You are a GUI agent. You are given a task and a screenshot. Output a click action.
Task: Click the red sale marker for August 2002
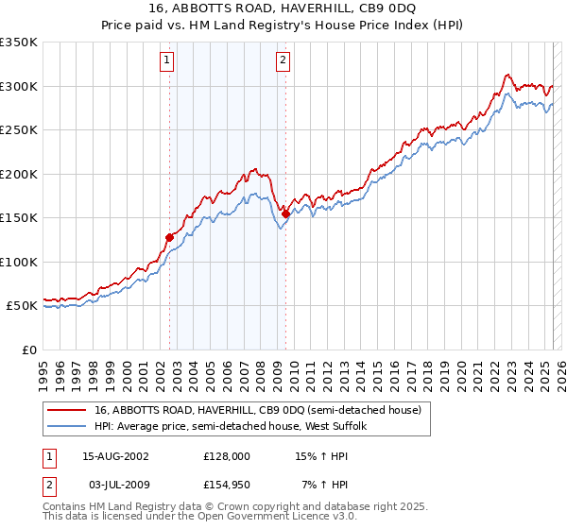coord(170,237)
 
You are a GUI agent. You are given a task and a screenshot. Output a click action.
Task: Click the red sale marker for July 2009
coord(285,214)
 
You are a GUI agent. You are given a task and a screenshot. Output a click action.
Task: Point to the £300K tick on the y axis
coord(19,86)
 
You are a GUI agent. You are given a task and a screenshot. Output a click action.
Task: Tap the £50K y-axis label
coord(22,306)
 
